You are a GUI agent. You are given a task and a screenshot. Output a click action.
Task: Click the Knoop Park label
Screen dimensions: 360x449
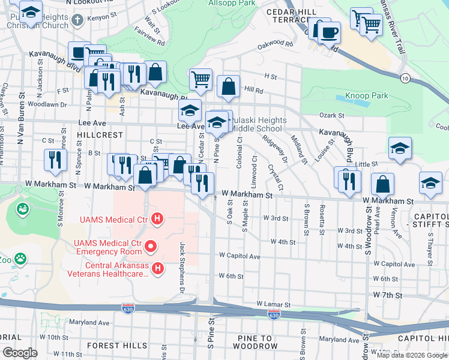click(x=366, y=95)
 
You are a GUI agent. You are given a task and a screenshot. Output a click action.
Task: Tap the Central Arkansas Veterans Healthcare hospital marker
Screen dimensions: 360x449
click(x=157, y=268)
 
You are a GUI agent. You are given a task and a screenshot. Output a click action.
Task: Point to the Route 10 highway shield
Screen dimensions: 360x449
click(x=406, y=79)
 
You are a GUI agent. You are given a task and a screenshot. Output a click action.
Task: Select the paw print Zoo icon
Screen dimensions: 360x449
click(x=20, y=259)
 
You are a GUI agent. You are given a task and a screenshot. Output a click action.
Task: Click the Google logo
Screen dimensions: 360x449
click(x=20, y=352)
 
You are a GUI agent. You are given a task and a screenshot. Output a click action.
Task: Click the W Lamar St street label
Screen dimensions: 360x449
click(x=273, y=305)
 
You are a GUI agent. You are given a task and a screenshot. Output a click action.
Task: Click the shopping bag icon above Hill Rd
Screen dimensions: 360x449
click(x=229, y=86)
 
